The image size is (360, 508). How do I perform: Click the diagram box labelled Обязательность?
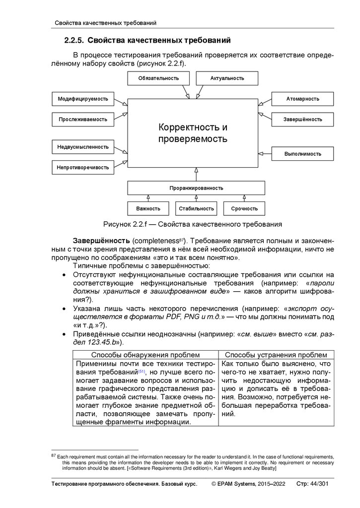158,78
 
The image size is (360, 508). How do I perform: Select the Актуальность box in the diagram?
227,78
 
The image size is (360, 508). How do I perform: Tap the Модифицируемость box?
83,99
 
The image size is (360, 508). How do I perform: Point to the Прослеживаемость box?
83,119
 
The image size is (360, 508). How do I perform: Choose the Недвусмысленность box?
83,147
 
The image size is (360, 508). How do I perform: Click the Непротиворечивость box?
83,167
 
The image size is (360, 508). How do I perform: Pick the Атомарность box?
302,99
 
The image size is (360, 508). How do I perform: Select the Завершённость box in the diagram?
302,119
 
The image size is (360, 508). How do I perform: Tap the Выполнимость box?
302,154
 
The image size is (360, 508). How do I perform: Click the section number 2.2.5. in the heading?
76,40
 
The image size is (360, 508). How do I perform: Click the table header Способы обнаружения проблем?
145,355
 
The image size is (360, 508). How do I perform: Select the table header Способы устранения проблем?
276,355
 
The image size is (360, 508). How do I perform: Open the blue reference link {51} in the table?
142,371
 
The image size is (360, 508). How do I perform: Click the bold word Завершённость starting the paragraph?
102,240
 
